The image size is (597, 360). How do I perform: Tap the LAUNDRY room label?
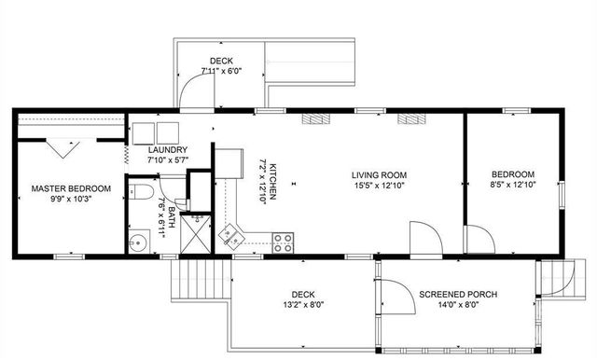(168, 150)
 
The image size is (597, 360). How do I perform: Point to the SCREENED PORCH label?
(458, 295)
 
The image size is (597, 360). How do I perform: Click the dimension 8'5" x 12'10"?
(513, 186)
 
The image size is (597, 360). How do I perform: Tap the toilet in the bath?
(141, 193)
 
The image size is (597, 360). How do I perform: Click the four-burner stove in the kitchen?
(284, 243)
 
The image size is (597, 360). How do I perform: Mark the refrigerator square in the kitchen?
(227, 164)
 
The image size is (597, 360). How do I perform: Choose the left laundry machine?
(145, 132)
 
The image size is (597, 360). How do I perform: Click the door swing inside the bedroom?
(480, 239)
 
